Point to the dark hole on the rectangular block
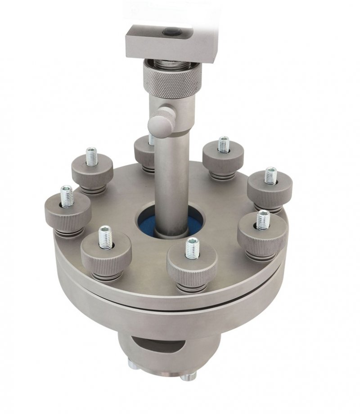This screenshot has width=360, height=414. click(172, 32)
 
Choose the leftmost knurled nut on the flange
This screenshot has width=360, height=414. click(67, 214)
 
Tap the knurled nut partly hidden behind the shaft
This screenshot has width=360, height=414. click(144, 153)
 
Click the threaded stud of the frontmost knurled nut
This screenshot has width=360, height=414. click(192, 248)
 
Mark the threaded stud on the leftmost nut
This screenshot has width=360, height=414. click(67, 196)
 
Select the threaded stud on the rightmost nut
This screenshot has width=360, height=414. click(270, 175)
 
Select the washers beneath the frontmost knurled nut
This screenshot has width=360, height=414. click(191, 286)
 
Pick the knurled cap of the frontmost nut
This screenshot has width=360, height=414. click(192, 265)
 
